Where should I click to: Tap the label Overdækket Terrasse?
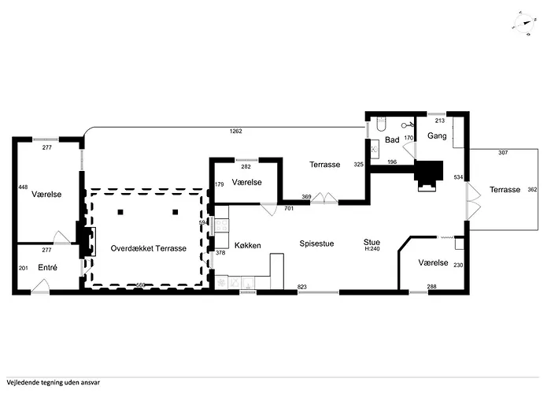point(148,248)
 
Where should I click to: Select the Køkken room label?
point(247,245)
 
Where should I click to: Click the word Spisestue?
point(316,243)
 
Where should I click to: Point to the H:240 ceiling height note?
point(372,249)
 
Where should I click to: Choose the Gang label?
point(437,136)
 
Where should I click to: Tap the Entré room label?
point(47,268)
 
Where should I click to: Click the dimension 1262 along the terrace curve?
point(236,131)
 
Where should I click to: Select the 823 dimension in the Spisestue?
point(301,287)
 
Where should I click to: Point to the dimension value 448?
point(23,187)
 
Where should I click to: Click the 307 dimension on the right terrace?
point(503,152)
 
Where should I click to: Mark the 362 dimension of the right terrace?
point(531,189)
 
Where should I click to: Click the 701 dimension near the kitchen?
point(289,209)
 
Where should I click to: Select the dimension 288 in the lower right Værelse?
point(431,287)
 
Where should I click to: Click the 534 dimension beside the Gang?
point(458,178)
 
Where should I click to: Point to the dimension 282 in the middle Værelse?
point(245,167)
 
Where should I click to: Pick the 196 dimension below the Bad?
point(392,162)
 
